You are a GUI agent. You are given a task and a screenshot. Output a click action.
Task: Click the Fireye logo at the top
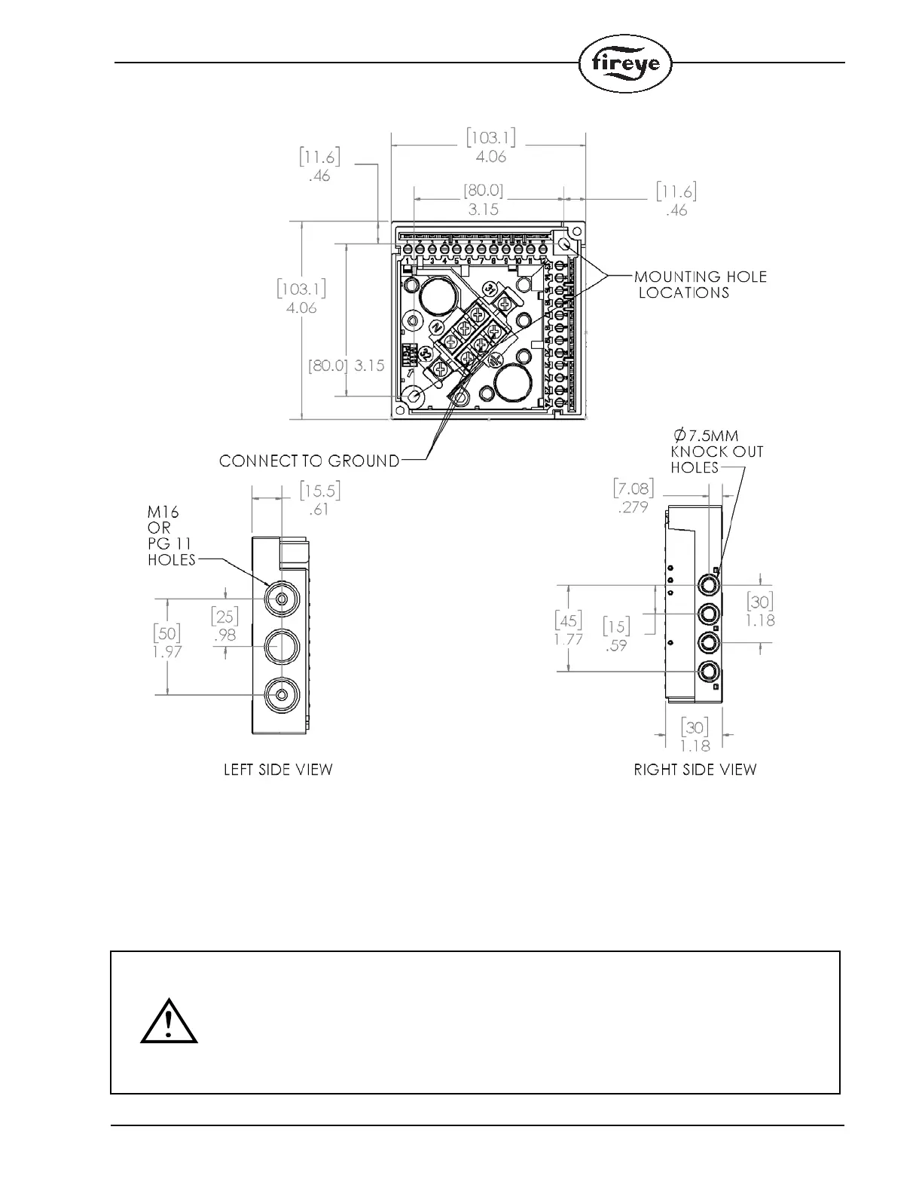coord(625,63)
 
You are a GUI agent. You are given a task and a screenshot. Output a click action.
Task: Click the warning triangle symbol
coord(169,1022)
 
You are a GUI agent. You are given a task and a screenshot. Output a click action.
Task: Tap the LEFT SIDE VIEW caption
coord(278,770)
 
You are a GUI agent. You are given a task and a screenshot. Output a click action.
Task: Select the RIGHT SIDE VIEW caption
coord(695,770)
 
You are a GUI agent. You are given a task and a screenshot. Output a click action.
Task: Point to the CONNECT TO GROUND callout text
coord(310,461)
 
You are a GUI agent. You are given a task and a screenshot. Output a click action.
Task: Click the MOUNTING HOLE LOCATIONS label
coord(700,285)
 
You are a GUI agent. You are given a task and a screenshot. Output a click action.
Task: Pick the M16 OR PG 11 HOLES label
coord(171,535)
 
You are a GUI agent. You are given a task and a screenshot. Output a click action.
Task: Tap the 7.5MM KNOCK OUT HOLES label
coord(716,451)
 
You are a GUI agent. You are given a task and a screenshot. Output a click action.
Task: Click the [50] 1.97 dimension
coord(167,641)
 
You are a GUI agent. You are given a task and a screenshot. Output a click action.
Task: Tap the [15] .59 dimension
coord(616,635)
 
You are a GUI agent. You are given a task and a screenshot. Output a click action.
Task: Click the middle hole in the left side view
coord(281,647)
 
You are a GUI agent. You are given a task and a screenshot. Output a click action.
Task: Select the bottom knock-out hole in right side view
coord(709,672)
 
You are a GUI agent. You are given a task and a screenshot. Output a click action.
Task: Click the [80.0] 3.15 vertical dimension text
coord(347,366)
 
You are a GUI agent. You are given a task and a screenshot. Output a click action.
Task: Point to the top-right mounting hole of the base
coord(564,243)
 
